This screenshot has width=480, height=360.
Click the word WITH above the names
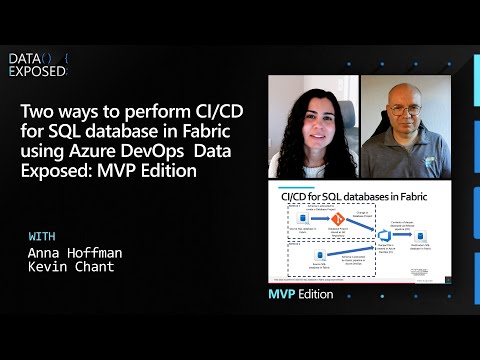pyautogui.click(x=44, y=236)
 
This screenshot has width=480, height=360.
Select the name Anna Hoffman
pyautogui.click(x=72, y=253)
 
